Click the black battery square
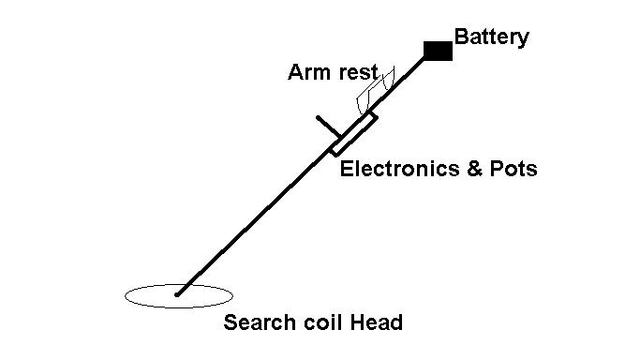438,51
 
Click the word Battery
491,37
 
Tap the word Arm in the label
309,72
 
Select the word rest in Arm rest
358,72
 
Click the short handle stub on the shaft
328,127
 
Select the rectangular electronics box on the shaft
353,135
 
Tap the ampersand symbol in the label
474,169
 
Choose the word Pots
513,169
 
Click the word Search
260,322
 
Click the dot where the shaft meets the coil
177,294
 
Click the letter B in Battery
461,37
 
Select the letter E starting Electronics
347,169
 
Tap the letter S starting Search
231,322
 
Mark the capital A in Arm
295,72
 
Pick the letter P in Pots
497,169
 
